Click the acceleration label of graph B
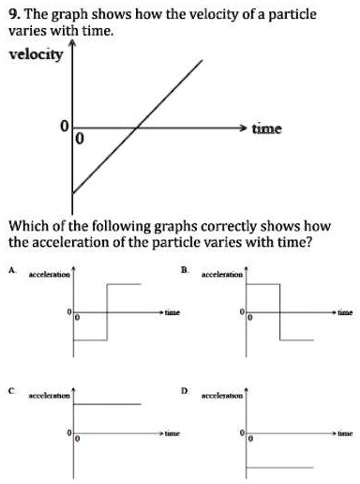(x=220, y=277)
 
